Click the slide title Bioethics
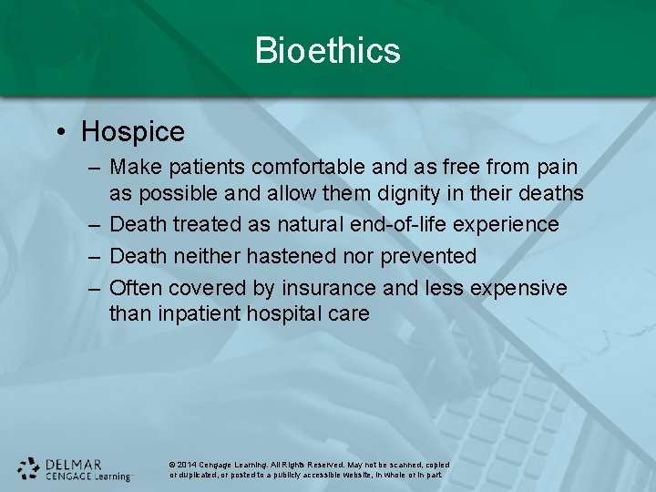point(327,50)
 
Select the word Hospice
point(133,132)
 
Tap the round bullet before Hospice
point(60,133)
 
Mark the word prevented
point(427,256)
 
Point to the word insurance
point(328,288)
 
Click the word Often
point(135,288)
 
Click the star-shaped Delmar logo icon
point(28,468)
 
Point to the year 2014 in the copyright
point(187,465)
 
